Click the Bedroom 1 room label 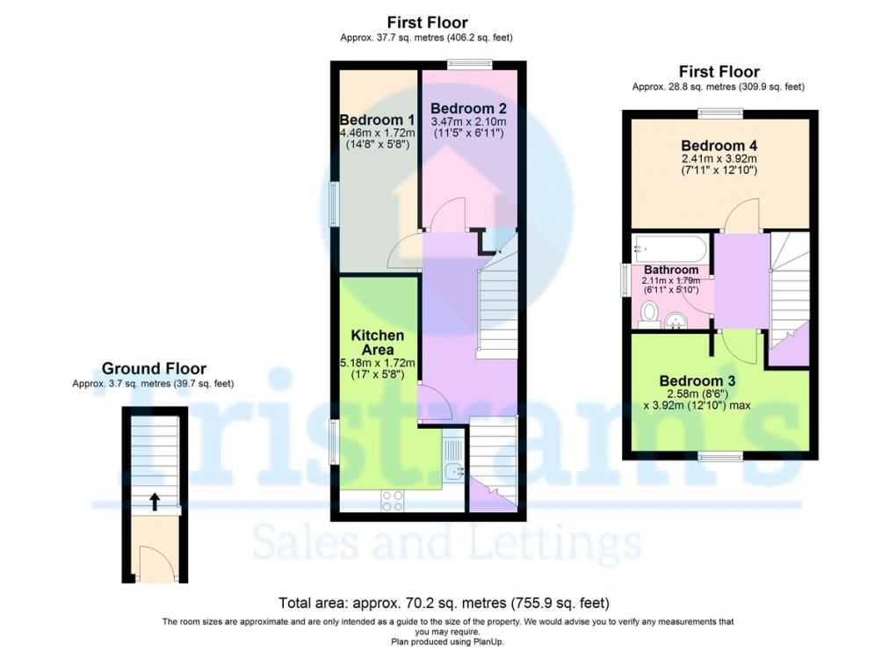[x=377, y=120]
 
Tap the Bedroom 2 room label [x=467, y=108]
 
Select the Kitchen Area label [x=378, y=342]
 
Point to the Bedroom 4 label [x=719, y=146]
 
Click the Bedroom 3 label [x=697, y=380]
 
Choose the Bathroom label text [x=671, y=270]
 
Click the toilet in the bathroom [x=650, y=312]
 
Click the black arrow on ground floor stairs [x=155, y=501]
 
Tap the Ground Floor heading [x=154, y=369]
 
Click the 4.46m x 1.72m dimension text [x=377, y=134]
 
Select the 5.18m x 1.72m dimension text [x=378, y=362]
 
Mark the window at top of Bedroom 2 [x=467, y=62]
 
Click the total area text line [x=444, y=604]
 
